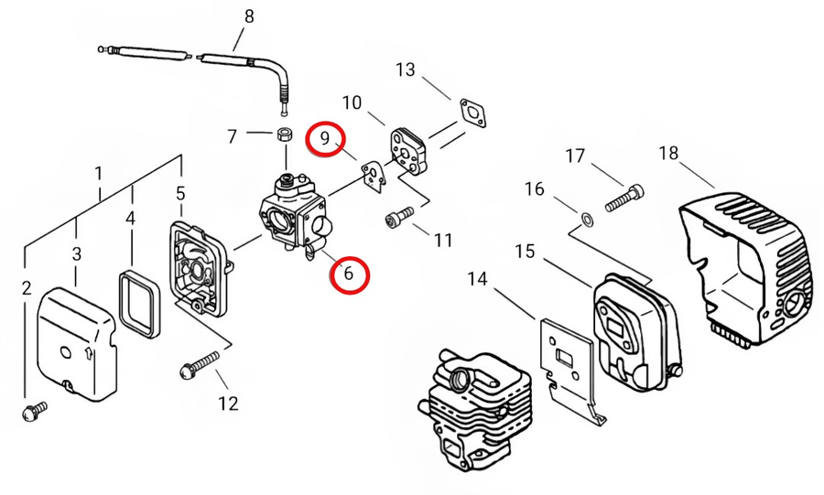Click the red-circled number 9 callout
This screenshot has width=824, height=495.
point(325,138)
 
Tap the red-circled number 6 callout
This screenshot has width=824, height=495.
point(349,274)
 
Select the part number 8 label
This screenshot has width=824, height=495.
point(249,16)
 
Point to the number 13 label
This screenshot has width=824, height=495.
point(406,70)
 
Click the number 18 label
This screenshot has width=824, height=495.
point(668,154)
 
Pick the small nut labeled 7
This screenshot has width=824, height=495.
point(285,134)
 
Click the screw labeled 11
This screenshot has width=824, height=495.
point(399,216)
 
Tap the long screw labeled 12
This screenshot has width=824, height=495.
point(200,364)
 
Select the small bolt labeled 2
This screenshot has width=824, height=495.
point(35,411)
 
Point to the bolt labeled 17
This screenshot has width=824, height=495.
point(624,198)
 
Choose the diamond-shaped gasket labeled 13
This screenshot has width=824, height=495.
point(472,113)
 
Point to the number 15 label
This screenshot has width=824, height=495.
point(525,251)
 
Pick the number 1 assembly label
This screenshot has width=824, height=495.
point(98,173)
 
